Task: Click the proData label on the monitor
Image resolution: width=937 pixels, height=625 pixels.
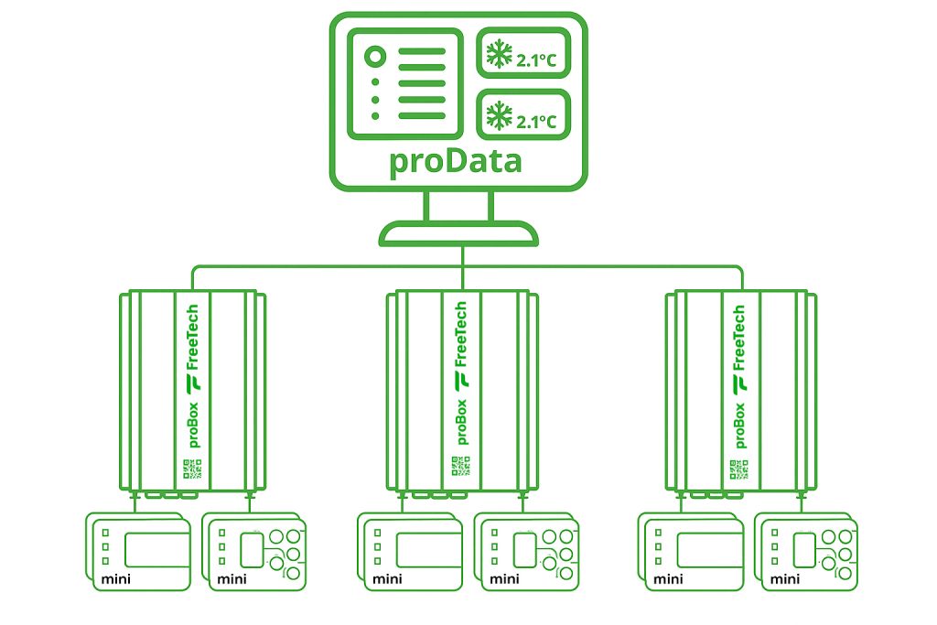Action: pos(456,161)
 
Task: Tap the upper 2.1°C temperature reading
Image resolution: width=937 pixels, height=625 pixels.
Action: pos(536,61)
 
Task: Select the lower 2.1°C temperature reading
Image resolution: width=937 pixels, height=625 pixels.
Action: pos(536,121)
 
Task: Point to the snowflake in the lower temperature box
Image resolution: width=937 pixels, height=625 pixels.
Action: pos(499,116)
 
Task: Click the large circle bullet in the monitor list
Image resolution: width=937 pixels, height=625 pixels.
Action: pos(373,57)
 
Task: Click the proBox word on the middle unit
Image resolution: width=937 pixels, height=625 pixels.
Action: pos(460,422)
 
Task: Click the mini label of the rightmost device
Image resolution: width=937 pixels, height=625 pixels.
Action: pos(785,578)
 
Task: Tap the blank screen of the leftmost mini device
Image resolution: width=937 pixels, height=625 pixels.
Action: pos(157,549)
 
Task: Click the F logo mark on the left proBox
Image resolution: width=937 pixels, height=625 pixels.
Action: pos(193,382)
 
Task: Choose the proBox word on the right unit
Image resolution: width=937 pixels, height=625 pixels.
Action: pos(739,422)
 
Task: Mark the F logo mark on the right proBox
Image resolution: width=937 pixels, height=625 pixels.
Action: pos(739,382)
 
